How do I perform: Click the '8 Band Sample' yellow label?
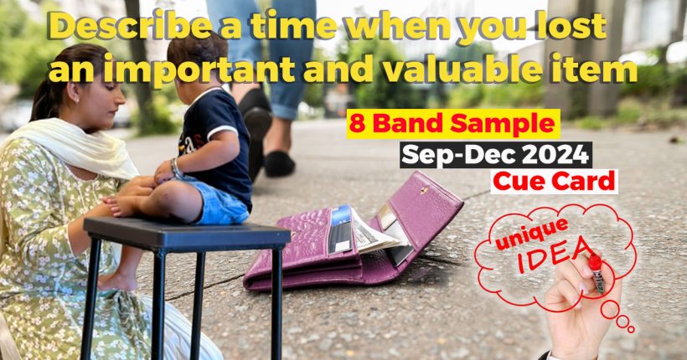452,126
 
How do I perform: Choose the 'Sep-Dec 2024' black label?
495,154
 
